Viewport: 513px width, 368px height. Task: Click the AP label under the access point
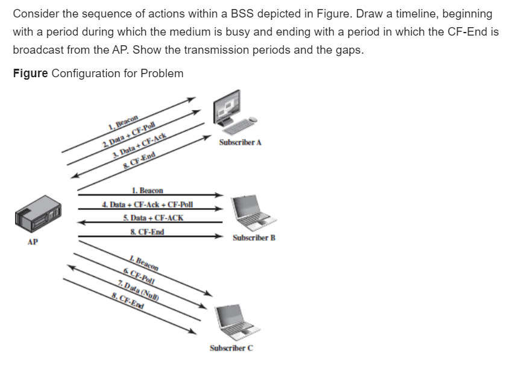click(33, 242)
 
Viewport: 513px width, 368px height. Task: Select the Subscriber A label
click(241, 143)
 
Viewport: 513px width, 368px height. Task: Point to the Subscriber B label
click(254, 238)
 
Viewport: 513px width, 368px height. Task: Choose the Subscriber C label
click(231, 348)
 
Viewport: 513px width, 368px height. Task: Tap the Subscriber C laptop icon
click(234, 323)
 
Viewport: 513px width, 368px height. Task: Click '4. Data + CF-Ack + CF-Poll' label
click(147, 204)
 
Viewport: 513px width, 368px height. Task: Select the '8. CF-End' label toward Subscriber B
click(147, 232)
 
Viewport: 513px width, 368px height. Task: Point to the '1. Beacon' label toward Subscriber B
click(146, 190)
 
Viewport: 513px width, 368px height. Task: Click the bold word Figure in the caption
click(30, 73)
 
